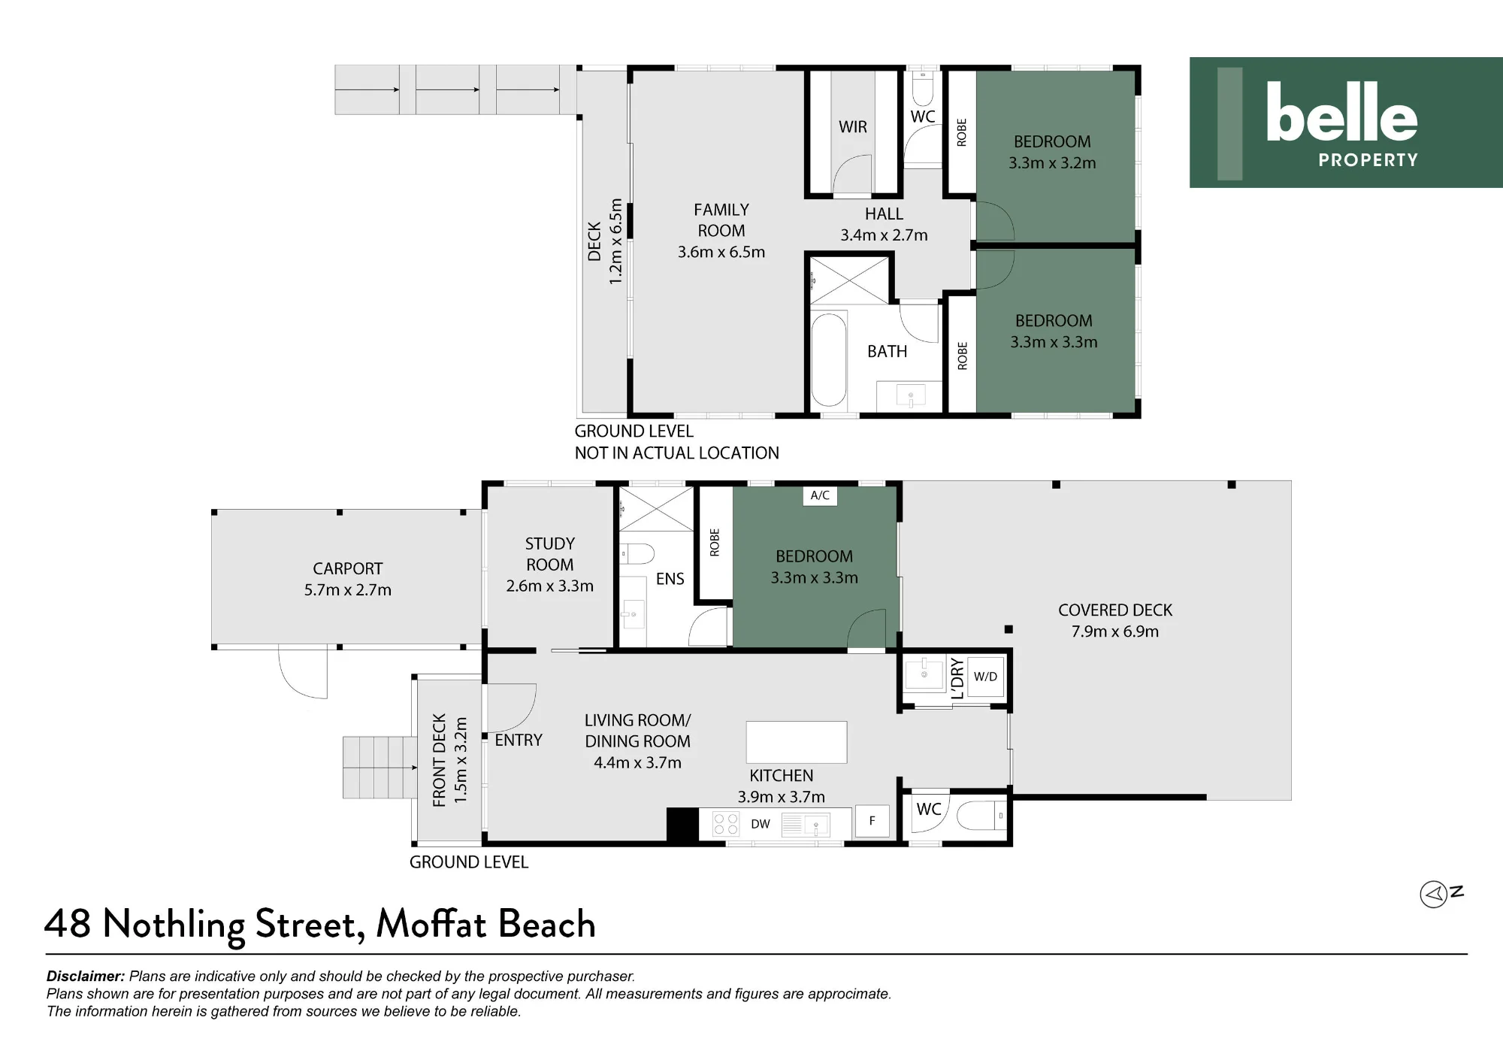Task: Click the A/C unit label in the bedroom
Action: pos(820,495)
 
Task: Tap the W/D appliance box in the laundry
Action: pos(985,677)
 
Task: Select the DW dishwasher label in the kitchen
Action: pos(761,824)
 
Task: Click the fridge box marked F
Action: pos(872,821)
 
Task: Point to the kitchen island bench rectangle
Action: pos(797,742)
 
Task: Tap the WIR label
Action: pos(853,127)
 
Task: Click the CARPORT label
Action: pos(348,568)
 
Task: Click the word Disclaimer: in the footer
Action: pos(86,976)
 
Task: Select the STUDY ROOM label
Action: pos(550,554)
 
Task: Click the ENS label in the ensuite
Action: pos(670,579)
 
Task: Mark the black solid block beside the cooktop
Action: pos(682,824)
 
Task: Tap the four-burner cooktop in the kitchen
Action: pos(726,824)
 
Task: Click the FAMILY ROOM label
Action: pos(721,220)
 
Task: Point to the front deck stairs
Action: pos(380,767)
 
